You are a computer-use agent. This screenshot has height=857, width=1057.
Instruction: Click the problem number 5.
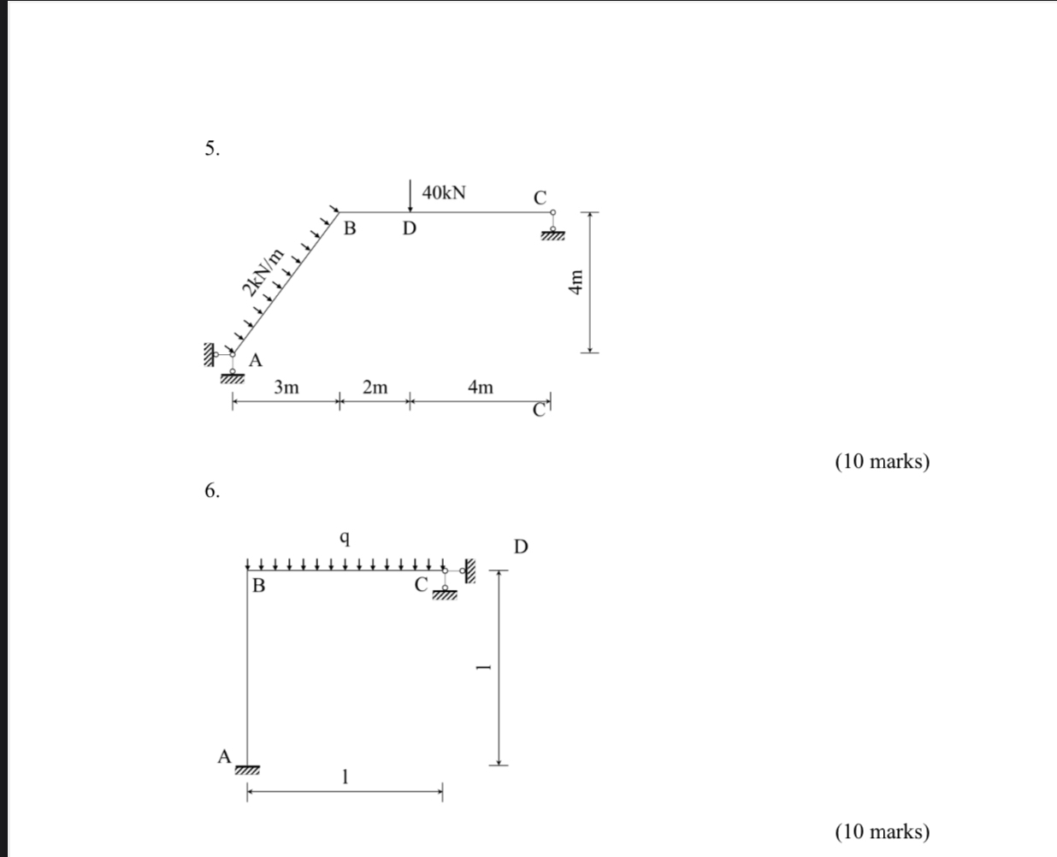pos(211,149)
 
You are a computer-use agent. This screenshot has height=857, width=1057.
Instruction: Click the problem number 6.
pos(211,490)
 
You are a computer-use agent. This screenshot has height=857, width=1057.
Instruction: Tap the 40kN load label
pos(444,192)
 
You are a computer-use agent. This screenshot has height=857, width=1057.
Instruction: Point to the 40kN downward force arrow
pos(411,196)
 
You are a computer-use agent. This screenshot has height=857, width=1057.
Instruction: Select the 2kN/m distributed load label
pos(262,272)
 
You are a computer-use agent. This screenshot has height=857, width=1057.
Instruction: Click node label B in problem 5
pos(349,229)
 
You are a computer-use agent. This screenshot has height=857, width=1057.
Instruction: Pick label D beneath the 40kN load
pos(410,229)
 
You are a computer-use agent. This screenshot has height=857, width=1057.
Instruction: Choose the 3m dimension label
pos(286,387)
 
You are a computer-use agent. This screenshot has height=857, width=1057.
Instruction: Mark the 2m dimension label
pos(375,387)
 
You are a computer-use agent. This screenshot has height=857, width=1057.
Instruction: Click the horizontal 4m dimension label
pos(481,387)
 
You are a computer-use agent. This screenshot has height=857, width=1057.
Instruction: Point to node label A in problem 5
pos(255,360)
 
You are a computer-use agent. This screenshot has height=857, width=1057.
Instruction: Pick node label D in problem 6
pos(521,546)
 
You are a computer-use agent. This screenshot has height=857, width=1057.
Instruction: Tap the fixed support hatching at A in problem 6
pos(247,771)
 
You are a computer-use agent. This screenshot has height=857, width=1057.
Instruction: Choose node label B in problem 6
pos(258,586)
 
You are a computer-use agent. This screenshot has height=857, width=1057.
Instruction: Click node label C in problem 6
pos(421,585)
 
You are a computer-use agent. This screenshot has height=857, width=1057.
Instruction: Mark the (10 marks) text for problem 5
pos(882,462)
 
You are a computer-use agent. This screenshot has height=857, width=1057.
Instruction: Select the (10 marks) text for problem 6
pos(882,831)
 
